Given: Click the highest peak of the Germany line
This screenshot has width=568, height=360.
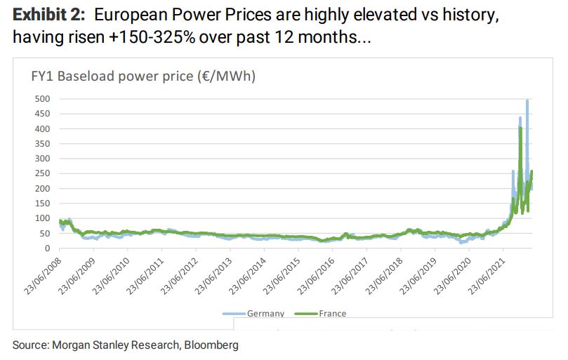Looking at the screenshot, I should [x=527, y=101].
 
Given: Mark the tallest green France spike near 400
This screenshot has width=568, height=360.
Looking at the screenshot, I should [x=520, y=128].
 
